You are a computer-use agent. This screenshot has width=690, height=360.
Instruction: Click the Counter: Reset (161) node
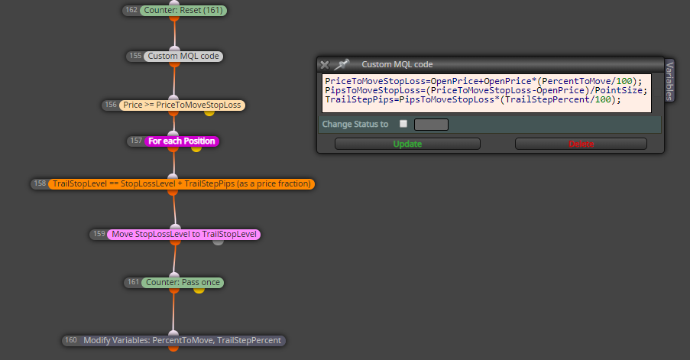point(183,10)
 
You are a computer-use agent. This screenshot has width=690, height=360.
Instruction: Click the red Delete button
point(581,144)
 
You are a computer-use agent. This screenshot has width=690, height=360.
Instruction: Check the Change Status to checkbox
point(403,124)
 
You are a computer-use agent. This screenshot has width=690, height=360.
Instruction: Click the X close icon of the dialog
point(325,65)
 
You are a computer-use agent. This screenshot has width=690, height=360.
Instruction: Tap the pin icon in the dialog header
point(342,65)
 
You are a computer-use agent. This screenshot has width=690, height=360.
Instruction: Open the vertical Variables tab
point(669,81)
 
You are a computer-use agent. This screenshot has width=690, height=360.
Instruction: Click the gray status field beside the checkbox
point(431,125)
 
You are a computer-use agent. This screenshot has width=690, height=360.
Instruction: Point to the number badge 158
point(40,183)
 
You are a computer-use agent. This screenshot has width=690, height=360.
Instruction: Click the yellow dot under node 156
point(209,112)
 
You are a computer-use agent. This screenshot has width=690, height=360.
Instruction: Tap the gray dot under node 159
point(218,242)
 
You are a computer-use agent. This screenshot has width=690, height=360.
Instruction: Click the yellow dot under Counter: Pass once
point(199,290)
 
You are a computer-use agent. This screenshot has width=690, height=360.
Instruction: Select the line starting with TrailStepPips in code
point(473,100)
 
